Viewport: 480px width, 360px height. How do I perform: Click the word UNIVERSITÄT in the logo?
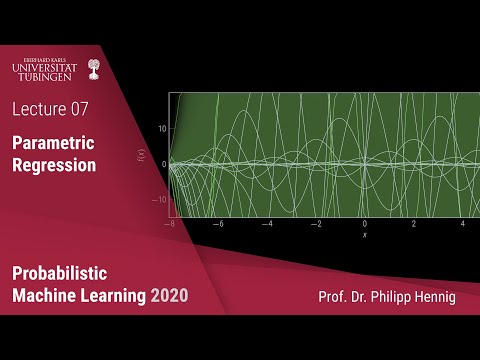point(45,68)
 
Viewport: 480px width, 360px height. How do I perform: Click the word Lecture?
point(41,106)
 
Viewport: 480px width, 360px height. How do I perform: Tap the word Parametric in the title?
point(54,144)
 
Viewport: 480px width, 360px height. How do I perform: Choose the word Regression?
point(54,165)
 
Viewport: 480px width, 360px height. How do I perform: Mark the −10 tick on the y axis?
point(157,200)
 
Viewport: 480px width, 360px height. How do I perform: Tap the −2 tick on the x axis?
point(315,225)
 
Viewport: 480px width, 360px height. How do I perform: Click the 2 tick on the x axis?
point(413,225)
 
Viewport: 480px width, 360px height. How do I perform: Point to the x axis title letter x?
point(364,235)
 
